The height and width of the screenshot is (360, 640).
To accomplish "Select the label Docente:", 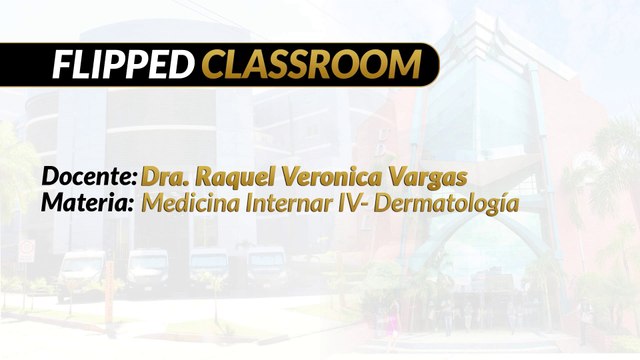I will [89, 176].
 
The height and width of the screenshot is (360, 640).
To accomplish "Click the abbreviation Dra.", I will [165, 176].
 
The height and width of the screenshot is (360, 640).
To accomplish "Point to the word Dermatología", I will [440, 205].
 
